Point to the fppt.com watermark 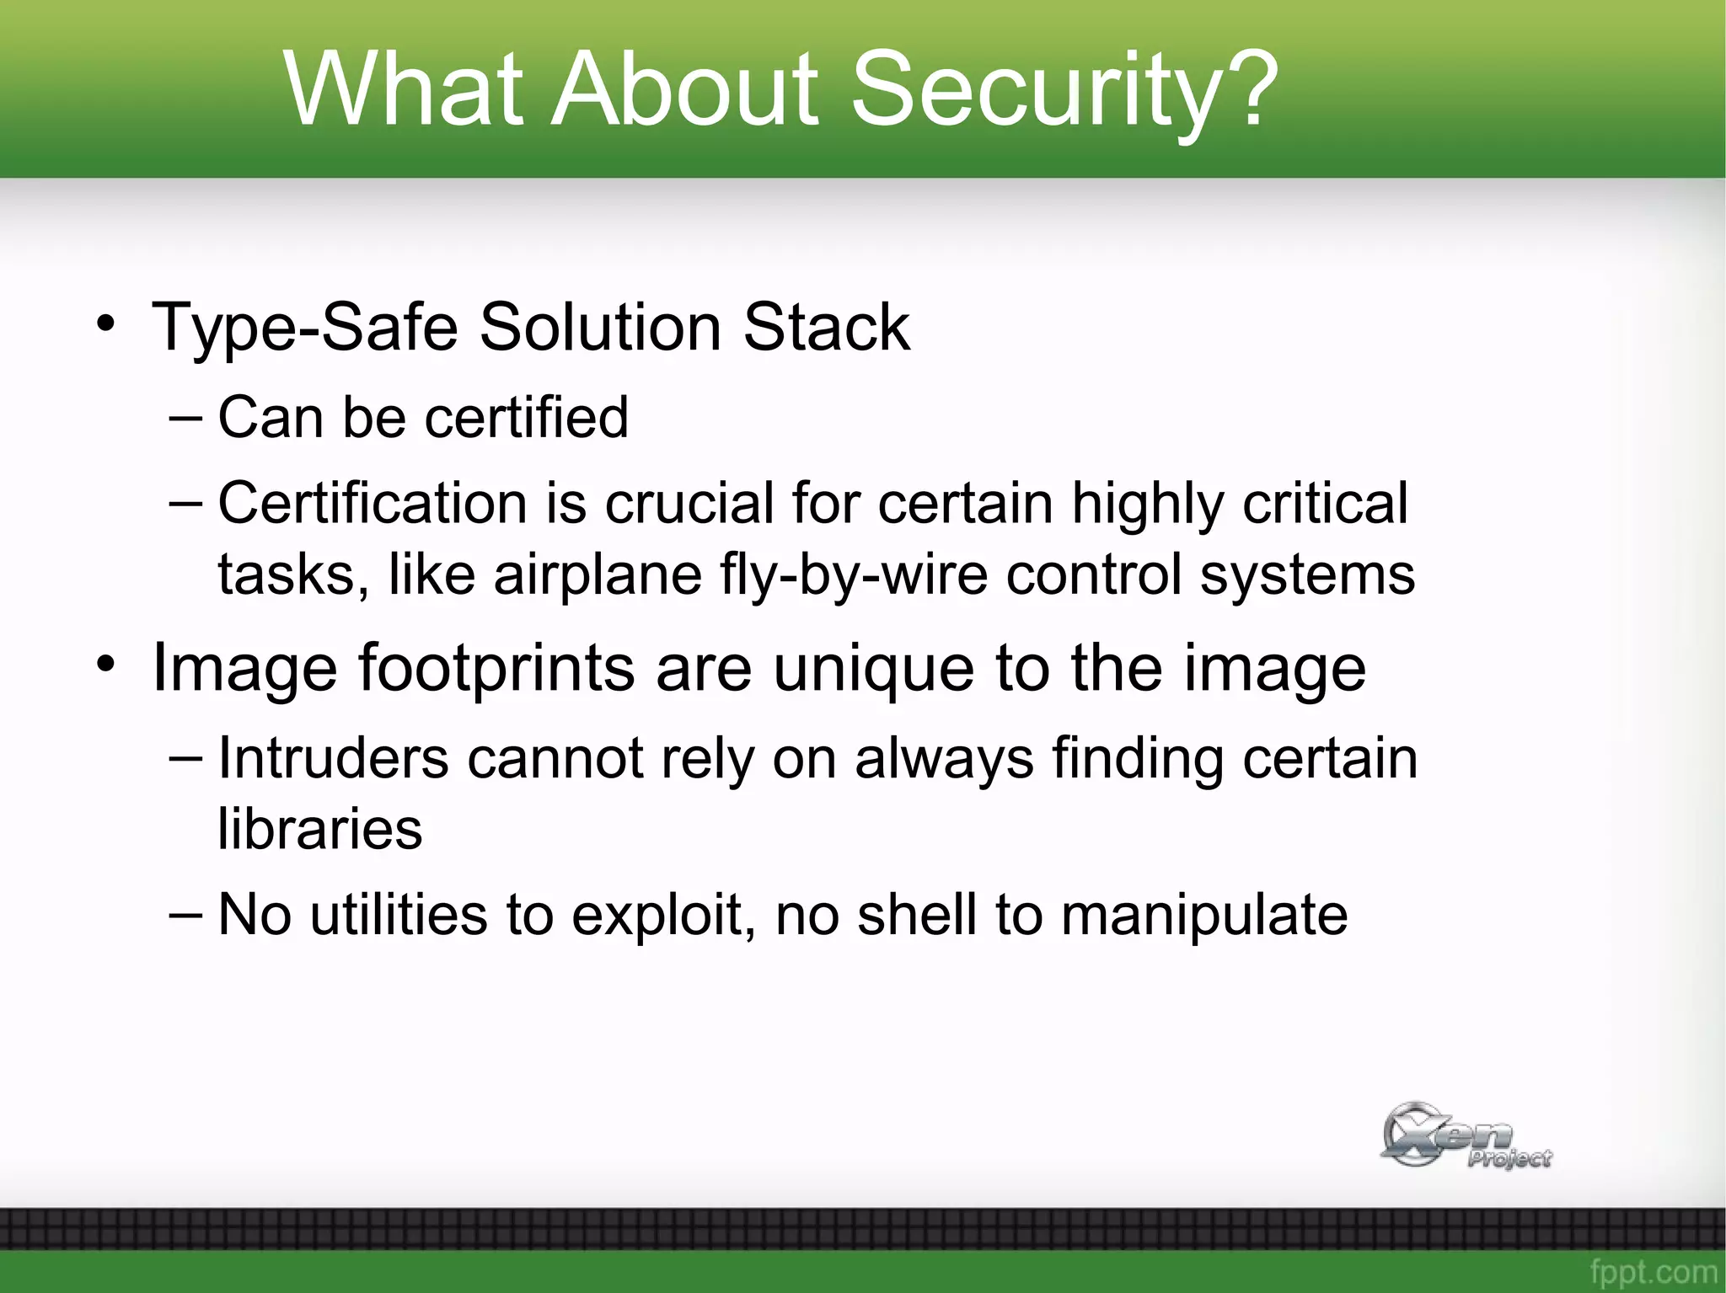coord(1653,1270)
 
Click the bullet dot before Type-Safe coord(105,325)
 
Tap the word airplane coord(598,575)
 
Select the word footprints coord(496,669)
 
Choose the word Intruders coord(333,758)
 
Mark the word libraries coord(319,829)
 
